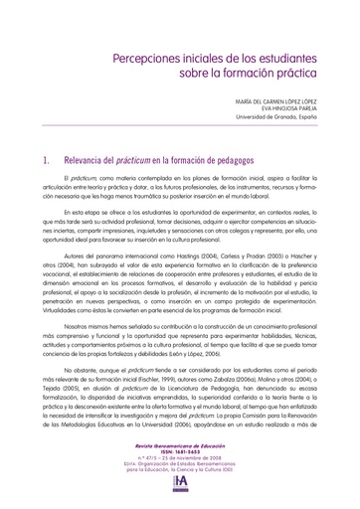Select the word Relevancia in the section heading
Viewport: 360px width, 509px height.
tap(70, 159)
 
